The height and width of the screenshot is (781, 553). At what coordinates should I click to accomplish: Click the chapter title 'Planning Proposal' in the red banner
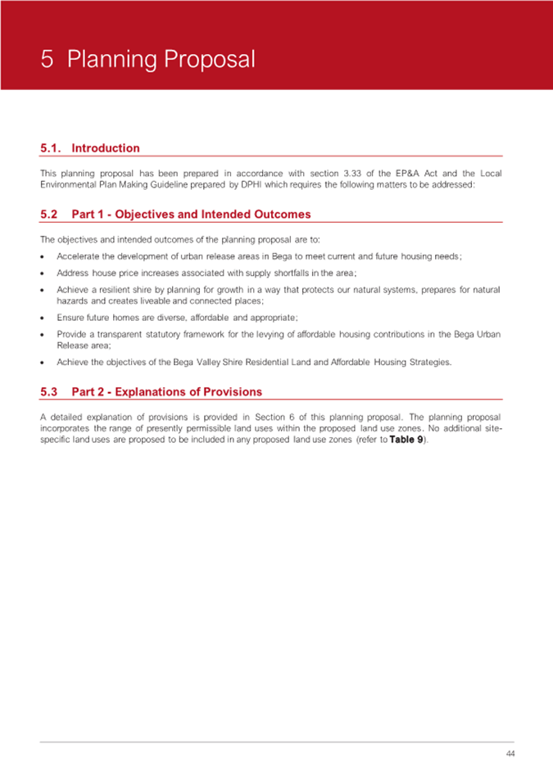(x=161, y=60)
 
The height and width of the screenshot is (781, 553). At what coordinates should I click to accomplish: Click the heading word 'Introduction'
(x=106, y=148)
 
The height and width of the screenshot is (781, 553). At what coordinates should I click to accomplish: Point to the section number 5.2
(x=49, y=214)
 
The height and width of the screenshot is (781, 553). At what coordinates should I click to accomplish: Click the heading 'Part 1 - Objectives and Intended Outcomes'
(x=191, y=214)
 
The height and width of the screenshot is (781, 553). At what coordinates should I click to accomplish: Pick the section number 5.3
(x=49, y=392)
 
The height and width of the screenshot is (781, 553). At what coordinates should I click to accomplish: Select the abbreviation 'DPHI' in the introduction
(x=248, y=185)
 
